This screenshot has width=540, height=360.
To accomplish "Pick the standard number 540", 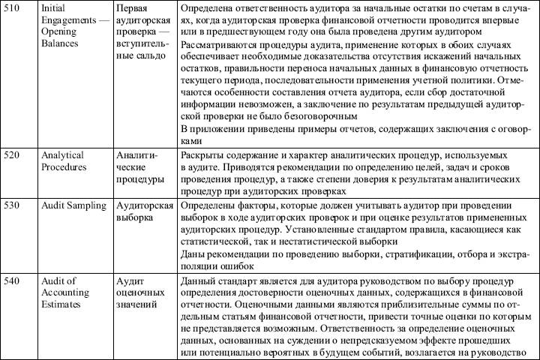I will click(13, 280).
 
